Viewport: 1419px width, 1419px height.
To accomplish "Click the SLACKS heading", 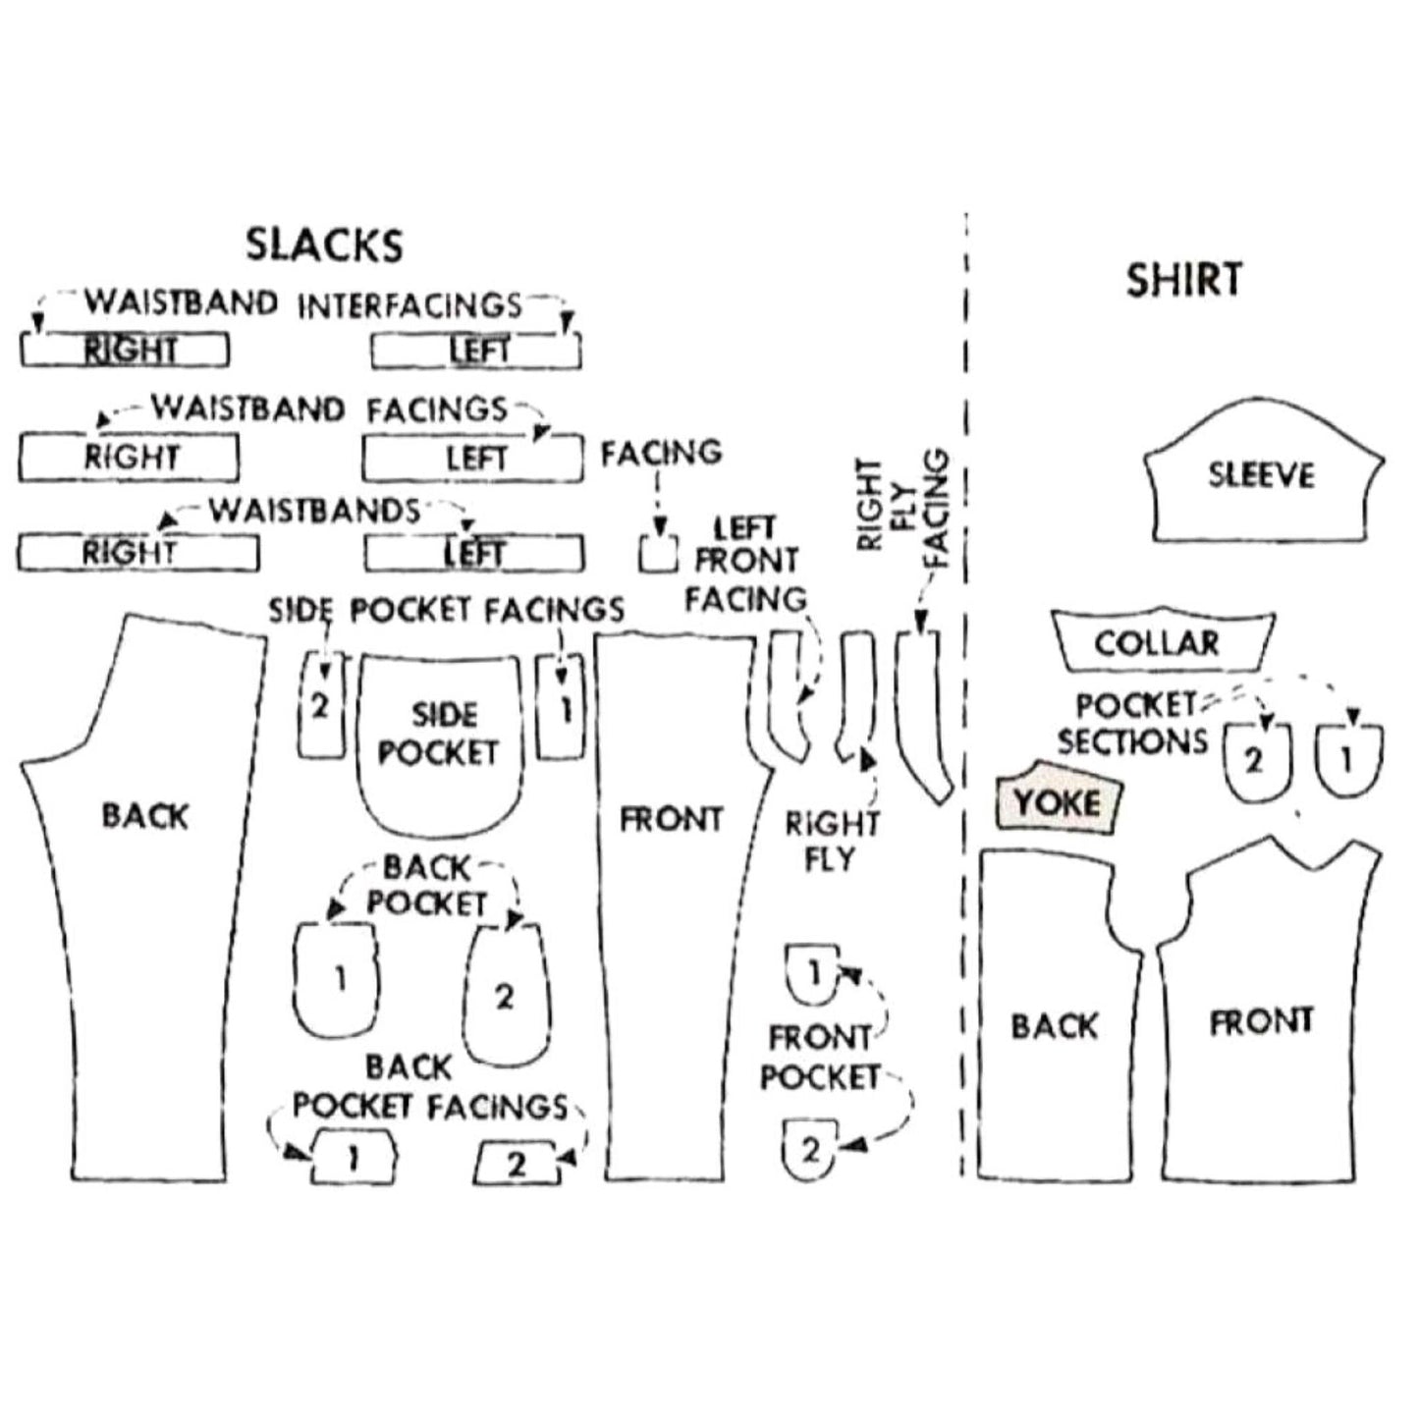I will click(x=324, y=245).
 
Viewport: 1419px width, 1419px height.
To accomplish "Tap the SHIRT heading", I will click(x=1183, y=280).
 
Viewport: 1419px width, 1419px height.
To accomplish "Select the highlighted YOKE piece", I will click(x=1058, y=801).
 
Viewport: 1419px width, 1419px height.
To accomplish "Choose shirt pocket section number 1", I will click(x=1347, y=759).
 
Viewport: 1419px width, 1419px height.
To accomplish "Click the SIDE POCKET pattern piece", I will click(x=438, y=737).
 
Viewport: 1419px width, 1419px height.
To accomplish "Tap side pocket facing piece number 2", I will click(x=320, y=705).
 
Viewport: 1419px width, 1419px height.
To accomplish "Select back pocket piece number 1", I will click(x=338, y=979).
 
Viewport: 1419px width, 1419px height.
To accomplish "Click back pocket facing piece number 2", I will click(x=518, y=1164).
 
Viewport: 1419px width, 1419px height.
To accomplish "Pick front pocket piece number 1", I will click(x=812, y=974).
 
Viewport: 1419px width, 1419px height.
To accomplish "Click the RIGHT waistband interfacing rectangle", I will click(x=126, y=350).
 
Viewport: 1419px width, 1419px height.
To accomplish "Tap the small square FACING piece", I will click(x=658, y=554).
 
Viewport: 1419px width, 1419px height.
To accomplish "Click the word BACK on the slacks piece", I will click(x=144, y=815).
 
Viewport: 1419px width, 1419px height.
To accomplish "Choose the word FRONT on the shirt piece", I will click(x=1261, y=1022).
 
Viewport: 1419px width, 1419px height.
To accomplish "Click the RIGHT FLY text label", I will click(x=832, y=842).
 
